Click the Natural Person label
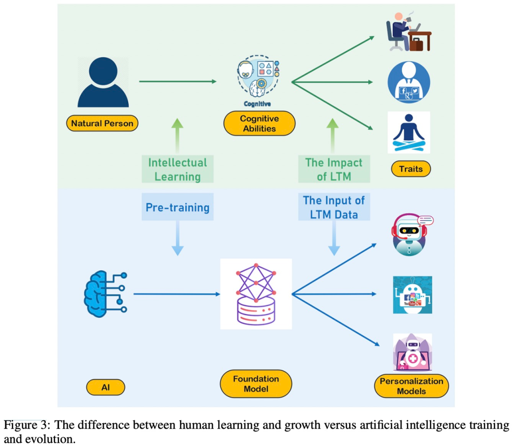point(102,124)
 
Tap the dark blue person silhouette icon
point(103,82)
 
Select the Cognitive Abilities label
point(259,124)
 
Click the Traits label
point(411,169)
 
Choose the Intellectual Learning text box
point(178,170)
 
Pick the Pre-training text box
point(178,207)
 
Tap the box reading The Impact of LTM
point(333,170)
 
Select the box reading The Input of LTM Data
point(333,207)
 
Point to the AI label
point(105,387)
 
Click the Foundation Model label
point(256,384)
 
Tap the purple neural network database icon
point(256,294)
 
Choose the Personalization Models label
point(411,386)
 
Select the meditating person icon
point(409,133)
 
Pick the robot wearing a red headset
point(410,235)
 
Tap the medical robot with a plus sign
point(412,352)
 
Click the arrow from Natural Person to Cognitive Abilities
point(178,82)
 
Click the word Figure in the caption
point(18,425)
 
